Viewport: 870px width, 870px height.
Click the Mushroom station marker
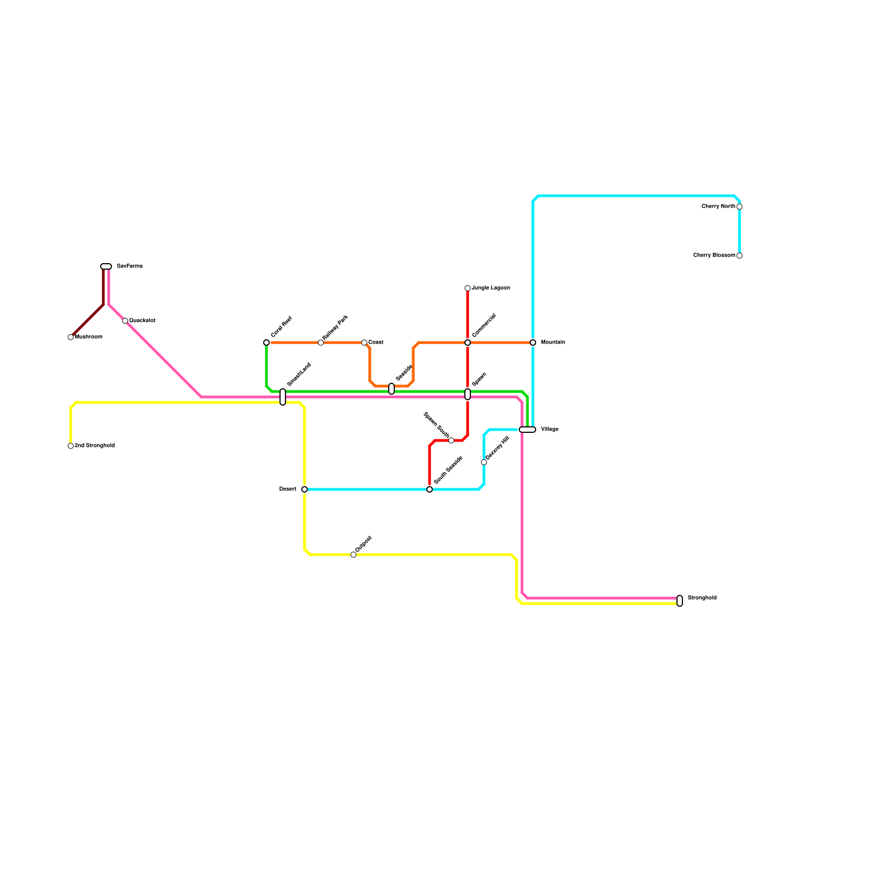point(71,337)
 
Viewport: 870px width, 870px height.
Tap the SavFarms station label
point(129,266)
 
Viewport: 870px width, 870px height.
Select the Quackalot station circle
point(125,321)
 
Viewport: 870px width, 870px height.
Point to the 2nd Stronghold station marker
point(71,446)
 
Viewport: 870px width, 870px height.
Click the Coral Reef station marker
point(266,343)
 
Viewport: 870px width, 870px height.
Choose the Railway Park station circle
point(321,343)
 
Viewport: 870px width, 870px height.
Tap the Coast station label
point(376,343)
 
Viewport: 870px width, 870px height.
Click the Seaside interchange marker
point(391,389)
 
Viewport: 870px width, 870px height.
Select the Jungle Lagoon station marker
point(468,288)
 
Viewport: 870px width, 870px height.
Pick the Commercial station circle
point(468,343)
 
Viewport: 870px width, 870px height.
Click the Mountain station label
point(552,343)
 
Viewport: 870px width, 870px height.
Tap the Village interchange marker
point(527,430)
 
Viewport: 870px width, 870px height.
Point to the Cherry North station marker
point(739,207)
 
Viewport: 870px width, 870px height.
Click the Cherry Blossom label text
point(714,256)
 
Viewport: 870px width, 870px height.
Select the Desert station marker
point(304,489)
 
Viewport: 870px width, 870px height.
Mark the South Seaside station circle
point(430,489)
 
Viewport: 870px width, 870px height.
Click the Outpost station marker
point(353,555)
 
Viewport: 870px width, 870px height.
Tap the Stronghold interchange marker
point(680,601)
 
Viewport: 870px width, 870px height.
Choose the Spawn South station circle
point(451,440)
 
